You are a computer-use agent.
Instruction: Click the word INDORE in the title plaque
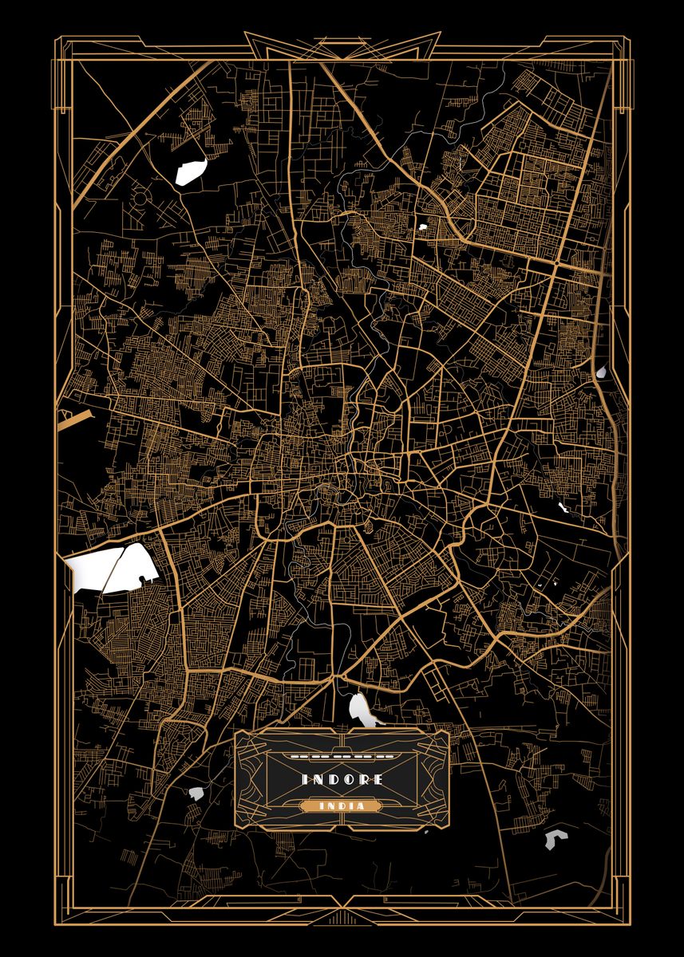pyautogui.click(x=342, y=779)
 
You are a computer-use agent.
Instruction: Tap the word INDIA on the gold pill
pyautogui.click(x=342, y=806)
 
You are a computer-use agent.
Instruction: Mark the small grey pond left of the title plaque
pyautogui.click(x=196, y=794)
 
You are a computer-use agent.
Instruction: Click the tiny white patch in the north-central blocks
pyautogui.click(x=422, y=227)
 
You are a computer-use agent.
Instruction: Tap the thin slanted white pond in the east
pyautogui.click(x=564, y=508)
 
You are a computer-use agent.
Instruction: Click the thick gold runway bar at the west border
pyautogui.click(x=76, y=417)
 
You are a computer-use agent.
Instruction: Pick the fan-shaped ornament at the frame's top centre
pyautogui.click(x=342, y=44)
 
